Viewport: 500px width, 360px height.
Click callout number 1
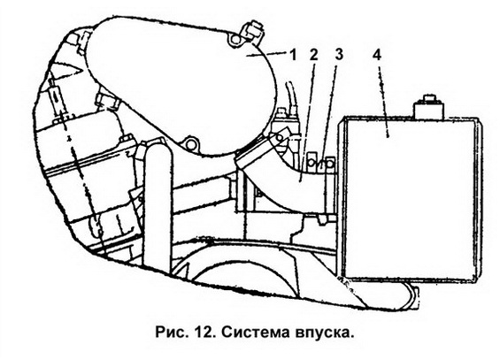tap(293, 55)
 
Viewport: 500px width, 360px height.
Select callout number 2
tap(314, 55)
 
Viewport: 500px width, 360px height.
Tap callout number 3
tap(339, 54)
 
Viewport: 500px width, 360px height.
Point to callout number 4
tap(377, 55)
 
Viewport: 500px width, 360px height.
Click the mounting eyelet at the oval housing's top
tap(235, 39)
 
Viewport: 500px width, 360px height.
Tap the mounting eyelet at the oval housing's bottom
tap(190, 144)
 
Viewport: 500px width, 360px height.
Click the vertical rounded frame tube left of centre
tap(158, 204)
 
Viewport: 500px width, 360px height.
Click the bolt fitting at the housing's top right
tap(254, 31)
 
